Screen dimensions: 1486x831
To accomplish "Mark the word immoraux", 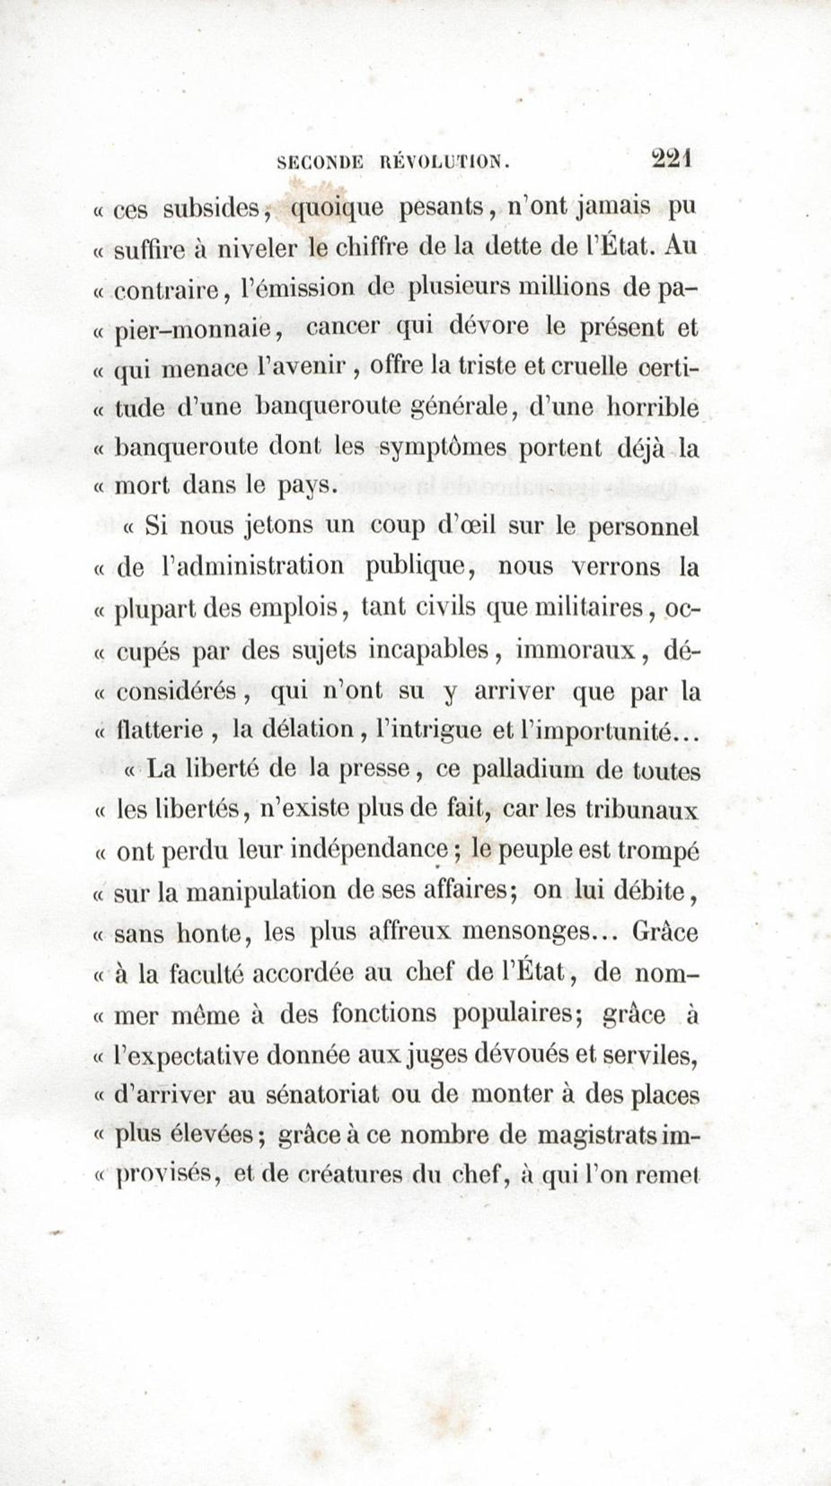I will pyautogui.click(x=584, y=650).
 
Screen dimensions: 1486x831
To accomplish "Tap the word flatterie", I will pyautogui.click(x=159, y=731).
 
